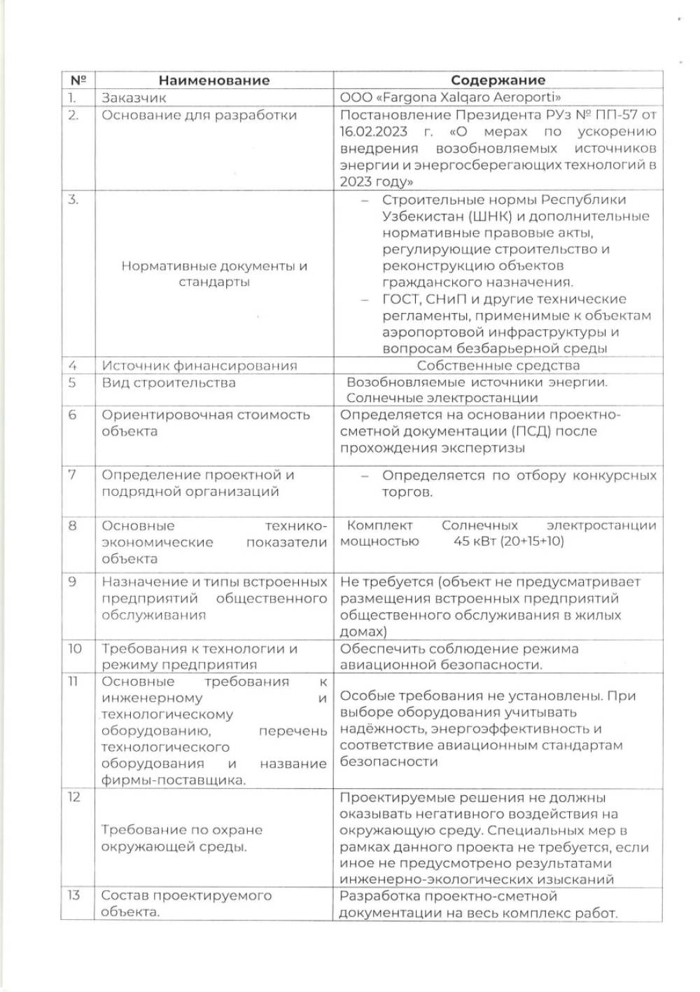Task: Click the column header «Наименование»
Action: pos(213,81)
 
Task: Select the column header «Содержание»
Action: pos(498,81)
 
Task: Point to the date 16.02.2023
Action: pos(374,132)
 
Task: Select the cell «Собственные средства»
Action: pos(498,366)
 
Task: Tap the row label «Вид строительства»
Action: pos(169,383)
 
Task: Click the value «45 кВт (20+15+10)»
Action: pos(508,542)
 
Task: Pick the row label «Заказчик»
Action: pos(134,98)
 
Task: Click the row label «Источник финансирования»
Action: pos(199,366)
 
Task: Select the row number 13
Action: pos(73,896)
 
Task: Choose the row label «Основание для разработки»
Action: pos(199,116)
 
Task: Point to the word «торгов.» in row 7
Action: pos(407,492)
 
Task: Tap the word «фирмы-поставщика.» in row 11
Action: pos(174,780)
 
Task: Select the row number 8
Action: pos(72,526)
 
